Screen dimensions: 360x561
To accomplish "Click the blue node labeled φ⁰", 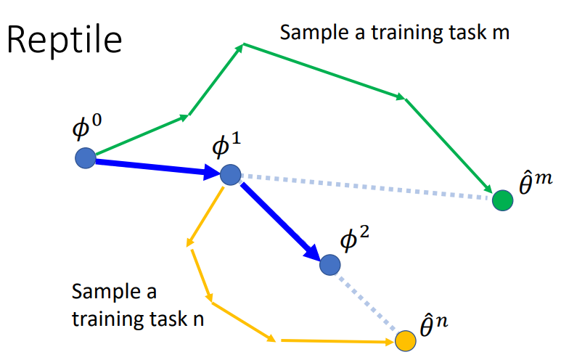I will coord(86,157).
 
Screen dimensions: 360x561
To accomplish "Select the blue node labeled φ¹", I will coord(230,175).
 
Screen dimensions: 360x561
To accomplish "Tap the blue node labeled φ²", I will coord(330,265).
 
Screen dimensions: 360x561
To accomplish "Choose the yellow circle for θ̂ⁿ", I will coord(405,340).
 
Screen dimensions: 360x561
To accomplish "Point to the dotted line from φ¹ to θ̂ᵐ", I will coord(363,187).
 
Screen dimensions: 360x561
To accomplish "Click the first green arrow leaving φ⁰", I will coord(138,136).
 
